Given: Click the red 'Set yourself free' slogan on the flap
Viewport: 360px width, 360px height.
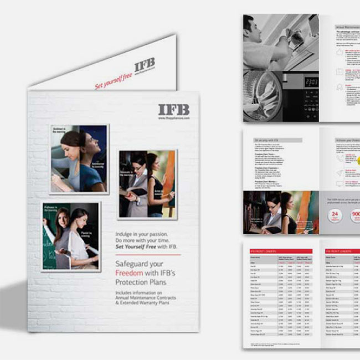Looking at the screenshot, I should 113,81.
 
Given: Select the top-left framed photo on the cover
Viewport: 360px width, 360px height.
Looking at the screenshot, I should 79,158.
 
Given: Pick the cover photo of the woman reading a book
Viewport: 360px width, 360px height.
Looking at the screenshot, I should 147,184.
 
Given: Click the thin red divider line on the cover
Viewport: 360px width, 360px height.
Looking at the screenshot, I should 147,255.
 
